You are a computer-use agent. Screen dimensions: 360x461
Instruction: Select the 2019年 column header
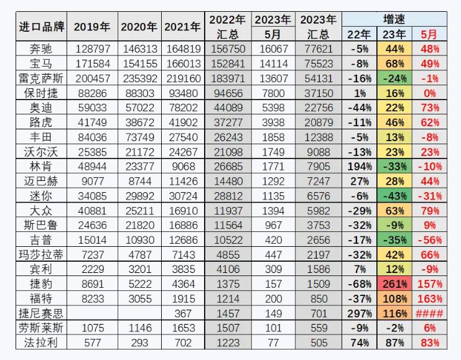[92, 27]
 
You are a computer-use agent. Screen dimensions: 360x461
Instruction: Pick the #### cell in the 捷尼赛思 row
[429, 313]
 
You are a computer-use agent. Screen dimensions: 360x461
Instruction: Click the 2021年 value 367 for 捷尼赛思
[182, 313]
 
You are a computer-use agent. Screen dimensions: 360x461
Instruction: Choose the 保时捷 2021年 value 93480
[182, 93]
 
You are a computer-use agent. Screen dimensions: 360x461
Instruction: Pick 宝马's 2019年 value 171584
[92, 63]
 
